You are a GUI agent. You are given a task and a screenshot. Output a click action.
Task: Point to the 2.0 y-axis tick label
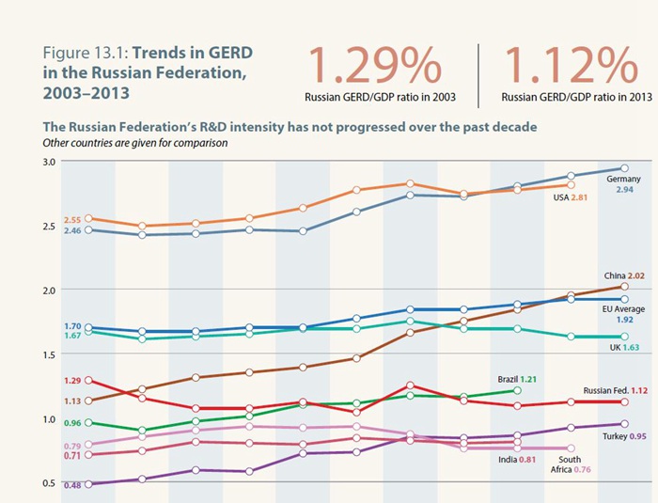(50, 290)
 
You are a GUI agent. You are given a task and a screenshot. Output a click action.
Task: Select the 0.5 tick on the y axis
(50, 483)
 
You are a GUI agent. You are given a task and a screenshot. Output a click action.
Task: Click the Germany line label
(623, 179)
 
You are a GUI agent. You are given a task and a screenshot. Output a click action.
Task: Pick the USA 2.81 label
(565, 197)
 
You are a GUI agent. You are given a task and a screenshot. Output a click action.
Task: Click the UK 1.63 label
(621, 346)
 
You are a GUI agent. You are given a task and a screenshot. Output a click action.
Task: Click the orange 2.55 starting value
(72, 220)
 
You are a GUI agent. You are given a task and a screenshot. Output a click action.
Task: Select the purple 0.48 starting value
(72, 485)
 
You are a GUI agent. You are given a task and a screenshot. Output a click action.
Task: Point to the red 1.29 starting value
(72, 381)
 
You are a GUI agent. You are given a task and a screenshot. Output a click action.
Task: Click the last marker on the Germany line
(624, 168)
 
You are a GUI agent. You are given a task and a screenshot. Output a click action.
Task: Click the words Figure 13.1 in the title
(78, 51)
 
